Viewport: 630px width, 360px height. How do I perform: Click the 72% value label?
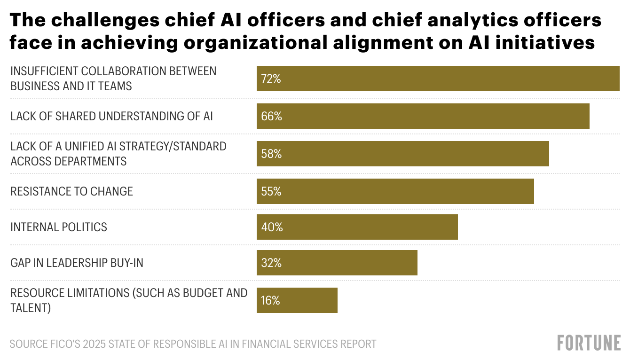click(x=271, y=79)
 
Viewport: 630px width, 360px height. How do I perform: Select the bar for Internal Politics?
click(x=357, y=227)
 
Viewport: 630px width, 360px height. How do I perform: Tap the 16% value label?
click(x=270, y=300)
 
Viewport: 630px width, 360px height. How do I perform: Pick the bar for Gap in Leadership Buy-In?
click(x=337, y=263)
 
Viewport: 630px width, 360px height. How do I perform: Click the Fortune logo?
click(x=589, y=343)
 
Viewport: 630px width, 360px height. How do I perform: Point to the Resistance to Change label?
click(x=71, y=191)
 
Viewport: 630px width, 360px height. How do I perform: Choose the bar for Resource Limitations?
click(x=297, y=300)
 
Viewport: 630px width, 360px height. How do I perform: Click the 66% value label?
click(x=271, y=116)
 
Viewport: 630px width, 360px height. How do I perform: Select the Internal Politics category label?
click(x=59, y=227)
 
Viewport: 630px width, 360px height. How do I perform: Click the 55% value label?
click(x=271, y=191)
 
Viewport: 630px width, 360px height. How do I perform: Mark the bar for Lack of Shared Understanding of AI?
click(x=423, y=116)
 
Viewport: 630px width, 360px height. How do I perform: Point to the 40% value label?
click(x=272, y=227)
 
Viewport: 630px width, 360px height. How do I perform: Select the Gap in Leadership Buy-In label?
click(x=77, y=263)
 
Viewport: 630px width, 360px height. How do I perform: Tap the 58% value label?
click(x=271, y=154)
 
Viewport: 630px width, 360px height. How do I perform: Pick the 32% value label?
click(x=271, y=263)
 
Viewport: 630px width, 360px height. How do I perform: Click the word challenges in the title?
click(x=95, y=21)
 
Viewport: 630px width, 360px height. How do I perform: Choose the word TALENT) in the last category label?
click(x=31, y=308)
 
